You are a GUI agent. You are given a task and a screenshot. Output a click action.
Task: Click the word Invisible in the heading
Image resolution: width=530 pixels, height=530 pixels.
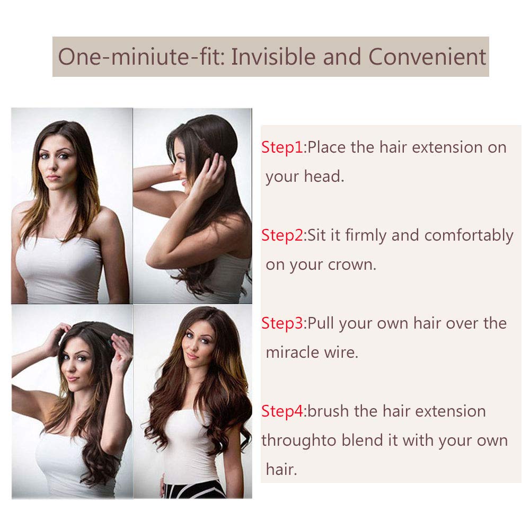pyautogui.click(x=274, y=57)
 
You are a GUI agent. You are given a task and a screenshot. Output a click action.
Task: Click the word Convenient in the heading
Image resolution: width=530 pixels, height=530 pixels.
pyautogui.click(x=427, y=57)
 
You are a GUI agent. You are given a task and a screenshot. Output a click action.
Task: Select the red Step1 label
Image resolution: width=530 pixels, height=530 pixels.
pyautogui.click(x=282, y=148)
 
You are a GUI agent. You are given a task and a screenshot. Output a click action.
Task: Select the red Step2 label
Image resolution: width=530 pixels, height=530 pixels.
pyautogui.click(x=282, y=236)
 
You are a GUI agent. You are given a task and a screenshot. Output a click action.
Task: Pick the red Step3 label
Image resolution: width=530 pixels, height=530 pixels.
pyautogui.click(x=282, y=323)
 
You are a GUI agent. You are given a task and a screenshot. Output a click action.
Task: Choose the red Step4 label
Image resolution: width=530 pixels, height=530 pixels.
pyautogui.click(x=282, y=411)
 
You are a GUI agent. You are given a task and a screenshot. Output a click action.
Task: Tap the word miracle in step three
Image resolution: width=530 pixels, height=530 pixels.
pyautogui.click(x=292, y=352)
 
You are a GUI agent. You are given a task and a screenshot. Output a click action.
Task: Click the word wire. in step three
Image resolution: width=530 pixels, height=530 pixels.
pyautogui.click(x=341, y=352)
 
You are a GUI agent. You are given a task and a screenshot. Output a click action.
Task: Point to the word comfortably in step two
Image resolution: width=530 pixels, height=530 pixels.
pyautogui.click(x=469, y=236)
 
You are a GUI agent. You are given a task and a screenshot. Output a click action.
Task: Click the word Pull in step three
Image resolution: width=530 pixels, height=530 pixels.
pyautogui.click(x=321, y=323)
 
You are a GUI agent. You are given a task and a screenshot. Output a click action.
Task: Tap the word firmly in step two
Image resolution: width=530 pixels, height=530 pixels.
pyautogui.click(x=365, y=236)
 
